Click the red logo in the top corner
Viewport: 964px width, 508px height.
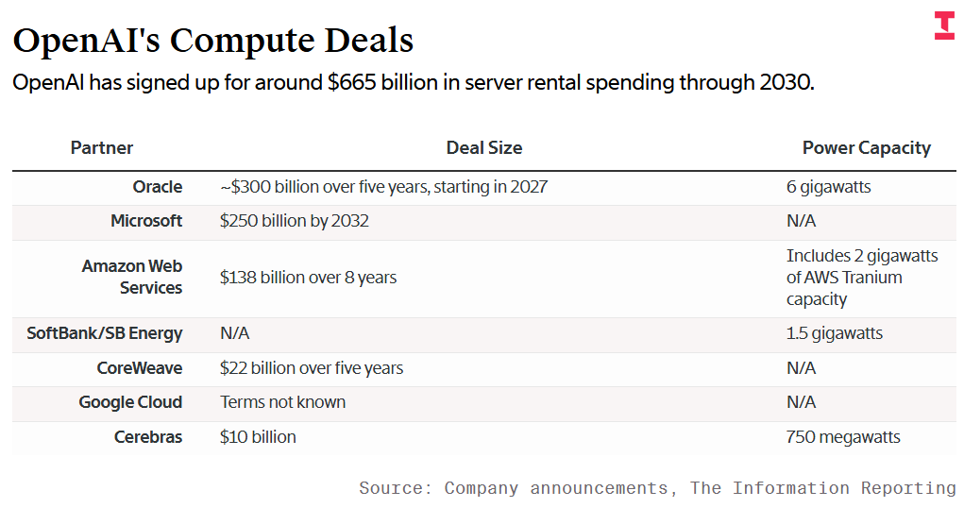pyautogui.click(x=943, y=26)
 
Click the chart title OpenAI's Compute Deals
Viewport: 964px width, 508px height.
pyautogui.click(x=213, y=40)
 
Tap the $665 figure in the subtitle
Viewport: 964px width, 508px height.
pyautogui.click(x=350, y=82)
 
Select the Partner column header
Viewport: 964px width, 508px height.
pyautogui.click(x=102, y=147)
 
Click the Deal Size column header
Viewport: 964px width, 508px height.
pyautogui.click(x=483, y=147)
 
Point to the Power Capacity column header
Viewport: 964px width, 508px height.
pyautogui.click(x=866, y=147)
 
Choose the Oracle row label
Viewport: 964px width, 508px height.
pyautogui.click(x=158, y=187)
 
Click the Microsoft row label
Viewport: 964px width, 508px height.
pyautogui.click(x=146, y=221)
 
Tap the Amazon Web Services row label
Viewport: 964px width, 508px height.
pyautogui.click(x=132, y=278)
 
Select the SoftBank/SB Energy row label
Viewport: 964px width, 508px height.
pyautogui.click(x=105, y=333)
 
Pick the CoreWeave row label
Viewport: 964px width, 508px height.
pyautogui.click(x=140, y=368)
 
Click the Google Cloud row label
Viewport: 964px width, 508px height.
pyautogui.click(x=130, y=402)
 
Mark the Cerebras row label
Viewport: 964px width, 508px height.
pyautogui.click(x=148, y=437)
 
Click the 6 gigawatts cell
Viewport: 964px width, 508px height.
pyautogui.click(x=828, y=187)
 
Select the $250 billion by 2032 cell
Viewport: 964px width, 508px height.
pyautogui.click(x=294, y=221)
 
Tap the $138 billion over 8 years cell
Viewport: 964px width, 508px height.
pyautogui.click(x=308, y=278)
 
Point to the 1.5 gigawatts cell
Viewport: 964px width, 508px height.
pyautogui.click(x=834, y=333)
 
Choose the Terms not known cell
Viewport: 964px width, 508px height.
pyautogui.click(x=282, y=402)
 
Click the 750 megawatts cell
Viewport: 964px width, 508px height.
pyautogui.click(x=843, y=437)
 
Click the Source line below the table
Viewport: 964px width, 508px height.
pyautogui.click(x=657, y=488)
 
